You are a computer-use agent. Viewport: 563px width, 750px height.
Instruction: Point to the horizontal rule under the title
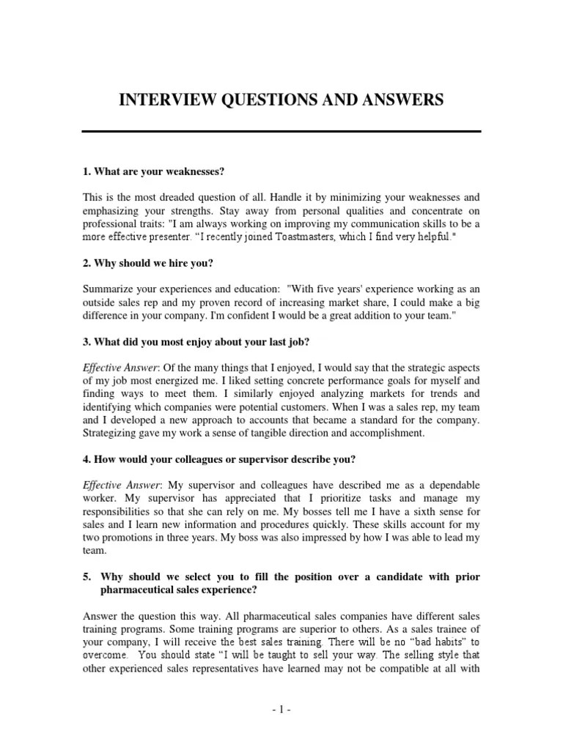[281, 131]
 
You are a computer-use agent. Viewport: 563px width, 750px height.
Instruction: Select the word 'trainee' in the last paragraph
[426, 630]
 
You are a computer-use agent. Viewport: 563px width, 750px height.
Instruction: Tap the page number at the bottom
[281, 709]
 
